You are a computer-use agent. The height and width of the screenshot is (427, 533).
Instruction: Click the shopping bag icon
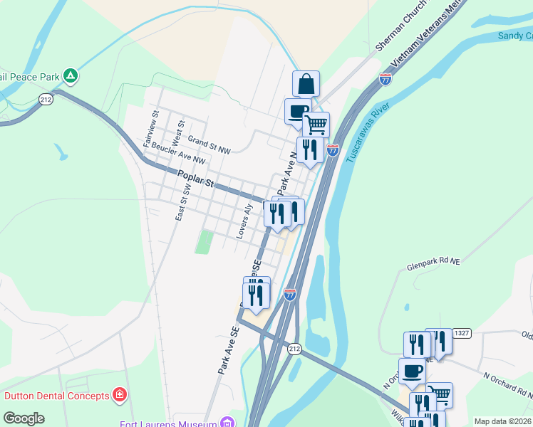point(306,83)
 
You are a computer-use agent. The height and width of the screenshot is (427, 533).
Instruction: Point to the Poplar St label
point(197,181)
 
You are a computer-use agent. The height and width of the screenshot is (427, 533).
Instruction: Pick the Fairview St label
point(150,129)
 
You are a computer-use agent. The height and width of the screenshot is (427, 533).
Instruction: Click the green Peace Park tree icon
point(70,75)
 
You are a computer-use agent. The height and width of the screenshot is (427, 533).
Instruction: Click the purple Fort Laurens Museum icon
point(227,423)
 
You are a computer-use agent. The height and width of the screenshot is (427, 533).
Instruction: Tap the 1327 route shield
point(462,334)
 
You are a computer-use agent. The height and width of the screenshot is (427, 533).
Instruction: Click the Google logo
point(24,418)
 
